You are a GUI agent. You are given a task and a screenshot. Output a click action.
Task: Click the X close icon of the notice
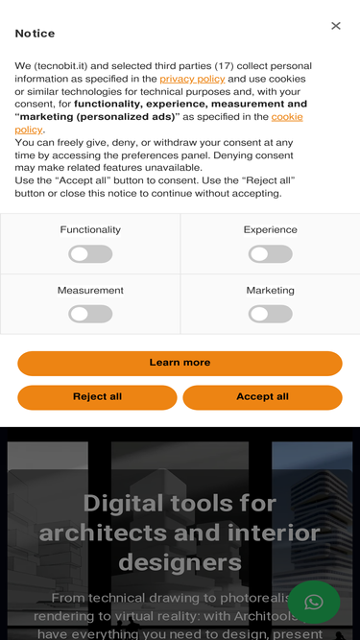click(x=335, y=26)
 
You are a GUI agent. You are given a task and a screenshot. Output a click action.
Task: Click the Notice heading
click(x=35, y=34)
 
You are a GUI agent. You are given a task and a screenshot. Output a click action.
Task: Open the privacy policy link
click(x=192, y=79)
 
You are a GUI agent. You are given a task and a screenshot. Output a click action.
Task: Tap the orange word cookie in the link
click(x=287, y=117)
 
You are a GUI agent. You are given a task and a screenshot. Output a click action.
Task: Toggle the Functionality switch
click(x=90, y=254)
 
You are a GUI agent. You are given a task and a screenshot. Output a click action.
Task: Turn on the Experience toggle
click(x=270, y=254)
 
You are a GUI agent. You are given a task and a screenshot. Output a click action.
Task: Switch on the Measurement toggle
click(x=90, y=314)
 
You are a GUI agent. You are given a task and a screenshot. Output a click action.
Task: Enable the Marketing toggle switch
click(x=270, y=314)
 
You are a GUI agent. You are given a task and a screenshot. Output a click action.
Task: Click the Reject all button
click(x=97, y=397)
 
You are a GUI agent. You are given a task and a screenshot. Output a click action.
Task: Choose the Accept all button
click(x=262, y=397)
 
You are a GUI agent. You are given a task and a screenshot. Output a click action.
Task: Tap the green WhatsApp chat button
click(x=314, y=602)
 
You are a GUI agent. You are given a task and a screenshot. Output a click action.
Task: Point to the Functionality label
click(x=90, y=229)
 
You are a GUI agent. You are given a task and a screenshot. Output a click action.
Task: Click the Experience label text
click(x=270, y=229)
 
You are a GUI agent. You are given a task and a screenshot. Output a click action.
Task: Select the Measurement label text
click(x=90, y=290)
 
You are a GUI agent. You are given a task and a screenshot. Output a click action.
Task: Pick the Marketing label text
click(x=270, y=290)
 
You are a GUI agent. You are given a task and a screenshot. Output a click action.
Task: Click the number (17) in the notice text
click(x=224, y=66)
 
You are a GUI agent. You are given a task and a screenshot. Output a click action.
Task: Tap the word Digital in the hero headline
click(x=123, y=503)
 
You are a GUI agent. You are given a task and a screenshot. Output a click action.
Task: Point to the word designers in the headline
click(x=180, y=562)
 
